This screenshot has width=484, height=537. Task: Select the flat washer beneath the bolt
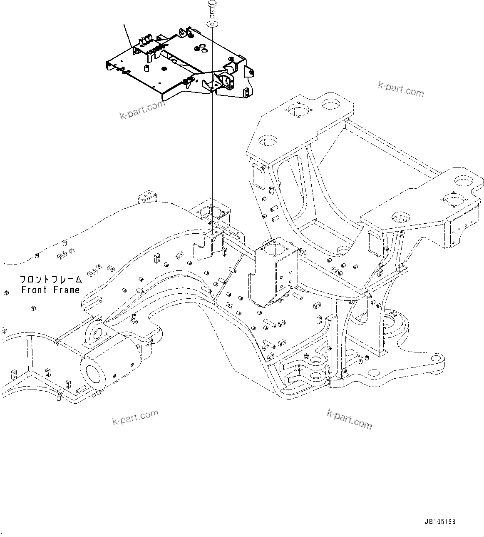click(x=212, y=24)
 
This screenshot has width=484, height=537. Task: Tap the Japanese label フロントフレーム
click(x=51, y=280)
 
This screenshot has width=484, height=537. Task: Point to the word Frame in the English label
click(x=66, y=290)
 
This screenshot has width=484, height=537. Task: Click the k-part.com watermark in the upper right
click(x=400, y=89)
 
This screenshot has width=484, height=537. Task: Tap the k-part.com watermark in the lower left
click(x=135, y=417)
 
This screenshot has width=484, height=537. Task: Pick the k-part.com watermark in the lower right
click(x=349, y=419)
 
